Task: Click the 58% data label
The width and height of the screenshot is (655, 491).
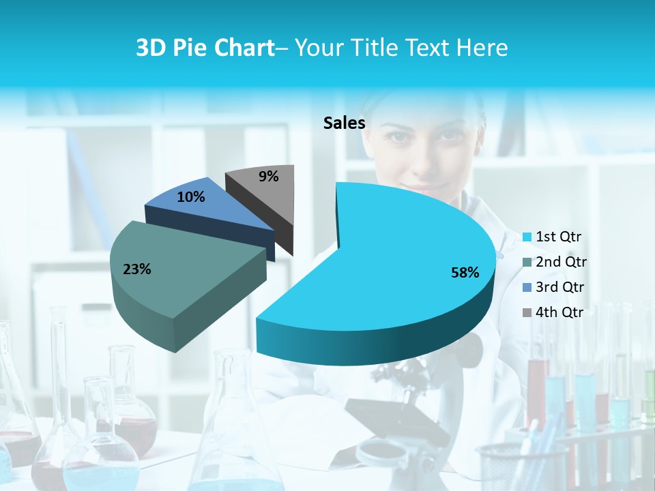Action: pos(465,273)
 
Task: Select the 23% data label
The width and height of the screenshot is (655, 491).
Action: pos(136,269)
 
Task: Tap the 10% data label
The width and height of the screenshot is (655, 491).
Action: pos(190,197)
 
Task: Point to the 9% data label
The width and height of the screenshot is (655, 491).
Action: pos(269,177)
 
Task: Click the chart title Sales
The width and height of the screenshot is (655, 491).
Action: pos(344,123)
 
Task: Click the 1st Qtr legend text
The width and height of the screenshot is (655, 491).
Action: pos(558,237)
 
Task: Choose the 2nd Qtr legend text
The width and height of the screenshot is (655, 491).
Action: pos(561,262)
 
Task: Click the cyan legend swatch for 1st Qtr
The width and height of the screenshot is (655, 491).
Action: pos(526,237)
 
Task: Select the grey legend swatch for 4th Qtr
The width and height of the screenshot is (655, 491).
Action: pos(526,313)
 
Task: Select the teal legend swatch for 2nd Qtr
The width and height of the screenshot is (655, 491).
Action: pos(526,263)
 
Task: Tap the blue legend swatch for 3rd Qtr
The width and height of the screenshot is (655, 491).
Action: pos(526,288)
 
